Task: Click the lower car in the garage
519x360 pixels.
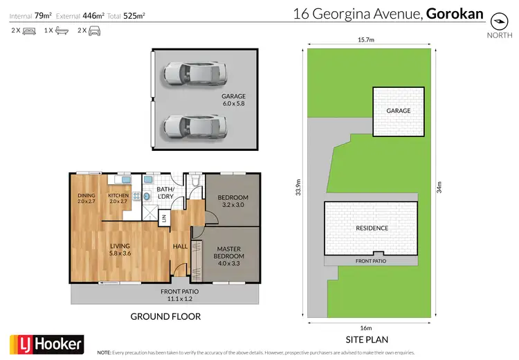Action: click(194, 126)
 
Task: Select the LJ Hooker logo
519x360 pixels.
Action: click(46, 344)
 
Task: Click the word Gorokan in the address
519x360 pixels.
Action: click(455, 13)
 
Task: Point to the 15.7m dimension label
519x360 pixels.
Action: click(365, 41)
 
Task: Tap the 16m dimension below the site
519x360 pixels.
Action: click(366, 327)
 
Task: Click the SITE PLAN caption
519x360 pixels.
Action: click(366, 340)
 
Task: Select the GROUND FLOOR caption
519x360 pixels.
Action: click(165, 317)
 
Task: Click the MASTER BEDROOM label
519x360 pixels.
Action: click(230, 253)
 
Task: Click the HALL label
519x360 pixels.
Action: click(180, 246)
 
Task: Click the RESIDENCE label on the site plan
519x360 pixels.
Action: click(372, 228)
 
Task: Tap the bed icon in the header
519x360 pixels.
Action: click(29, 31)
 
